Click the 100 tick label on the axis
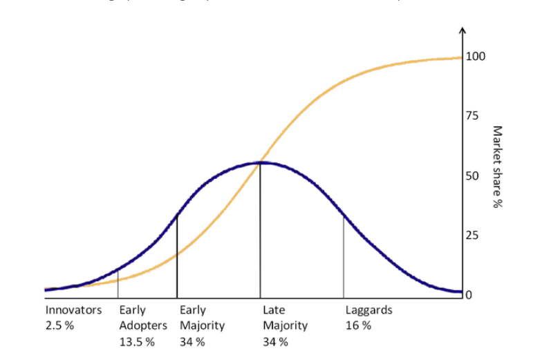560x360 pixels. (476, 56)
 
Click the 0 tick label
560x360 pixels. (470, 296)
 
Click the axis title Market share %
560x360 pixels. (496, 167)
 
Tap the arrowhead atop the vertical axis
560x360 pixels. (463, 32)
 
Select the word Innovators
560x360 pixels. (73, 310)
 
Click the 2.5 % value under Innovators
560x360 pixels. (59, 325)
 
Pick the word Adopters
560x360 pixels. (143, 325)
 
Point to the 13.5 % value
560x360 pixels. (137, 341)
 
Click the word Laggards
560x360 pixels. (368, 310)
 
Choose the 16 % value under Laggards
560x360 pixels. (358, 325)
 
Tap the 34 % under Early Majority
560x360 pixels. (192, 341)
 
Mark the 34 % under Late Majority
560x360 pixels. (275, 341)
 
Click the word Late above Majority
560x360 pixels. (274, 310)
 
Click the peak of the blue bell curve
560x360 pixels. (260, 162)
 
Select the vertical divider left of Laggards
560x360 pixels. (344, 256)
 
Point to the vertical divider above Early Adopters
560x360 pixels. (118, 283)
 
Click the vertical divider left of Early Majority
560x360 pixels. (177, 256)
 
